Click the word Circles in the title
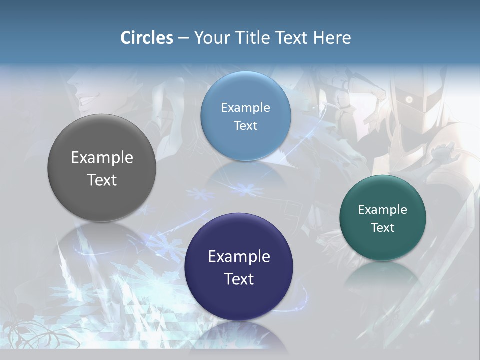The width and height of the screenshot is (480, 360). click(x=147, y=38)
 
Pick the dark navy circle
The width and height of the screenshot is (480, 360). click(x=239, y=300)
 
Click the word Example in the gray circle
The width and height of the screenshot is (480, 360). click(x=102, y=158)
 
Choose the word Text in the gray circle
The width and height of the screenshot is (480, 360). click(x=102, y=180)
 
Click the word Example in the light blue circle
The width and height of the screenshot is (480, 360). click(x=245, y=108)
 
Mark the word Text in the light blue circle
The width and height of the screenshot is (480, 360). click(x=245, y=126)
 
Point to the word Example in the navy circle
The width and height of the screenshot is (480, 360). click(x=239, y=257)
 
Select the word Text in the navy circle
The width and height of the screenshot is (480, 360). click(x=239, y=279)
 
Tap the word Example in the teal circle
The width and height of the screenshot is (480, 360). click(x=383, y=210)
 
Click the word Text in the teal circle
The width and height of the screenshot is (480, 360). click(x=383, y=228)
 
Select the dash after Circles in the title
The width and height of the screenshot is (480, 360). click(x=183, y=38)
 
